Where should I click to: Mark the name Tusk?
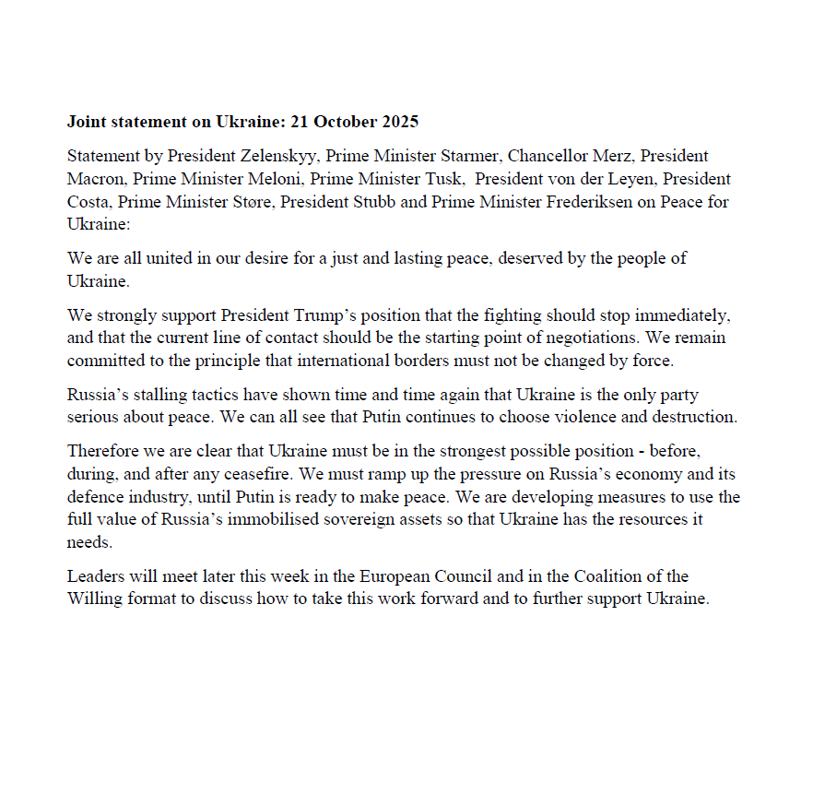pos(441,178)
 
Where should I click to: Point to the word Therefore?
pos(103,452)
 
